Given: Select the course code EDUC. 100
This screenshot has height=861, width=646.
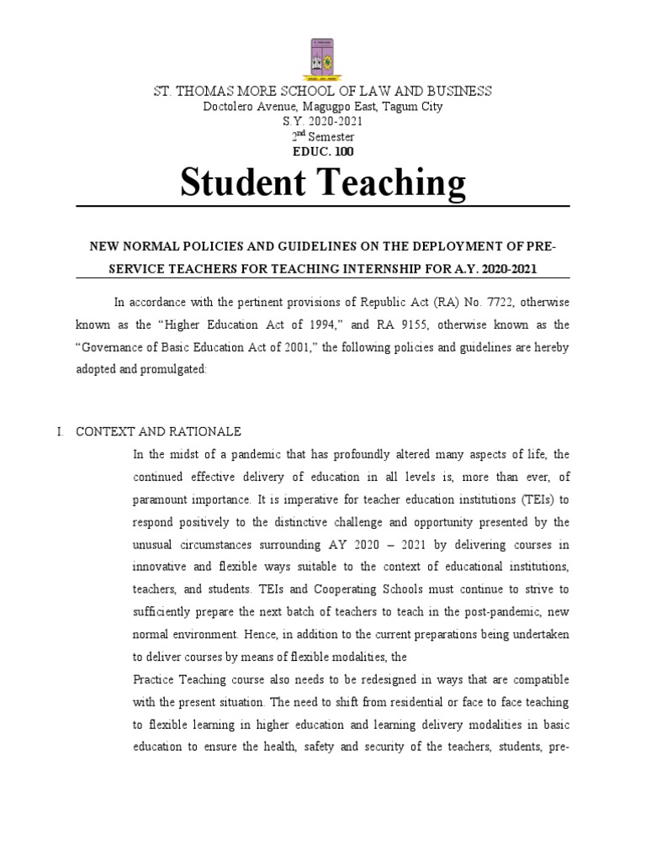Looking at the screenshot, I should (323, 151).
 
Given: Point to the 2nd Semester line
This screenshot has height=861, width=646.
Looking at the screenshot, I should (323, 136).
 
